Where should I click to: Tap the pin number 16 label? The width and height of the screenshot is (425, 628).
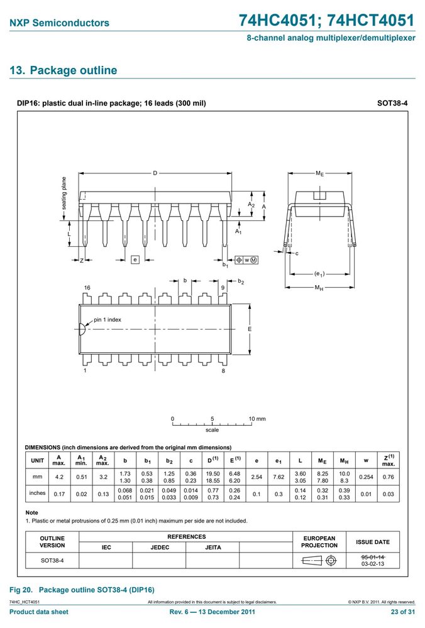pyautogui.click(x=87, y=288)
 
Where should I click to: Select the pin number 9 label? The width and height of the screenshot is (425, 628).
pyautogui.click(x=223, y=288)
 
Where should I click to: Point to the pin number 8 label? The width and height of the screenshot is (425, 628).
pyautogui.click(x=223, y=371)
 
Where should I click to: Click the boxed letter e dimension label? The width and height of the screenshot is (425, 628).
pyautogui.click(x=135, y=259)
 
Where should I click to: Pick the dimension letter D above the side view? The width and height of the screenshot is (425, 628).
pyautogui.click(x=155, y=173)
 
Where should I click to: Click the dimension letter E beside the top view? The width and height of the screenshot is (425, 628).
pyautogui.click(x=250, y=329)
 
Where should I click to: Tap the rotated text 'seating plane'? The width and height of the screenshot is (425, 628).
pyautogui.click(x=63, y=193)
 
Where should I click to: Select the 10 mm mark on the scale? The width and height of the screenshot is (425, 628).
pyautogui.click(x=257, y=419)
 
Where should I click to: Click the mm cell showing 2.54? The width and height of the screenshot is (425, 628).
pyautogui.click(x=257, y=477)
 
